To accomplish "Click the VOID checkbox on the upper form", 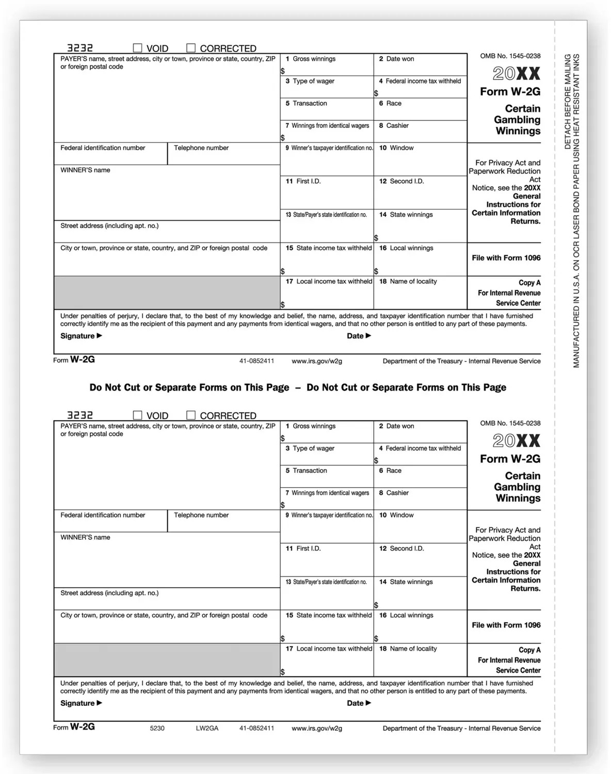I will tap(138, 48).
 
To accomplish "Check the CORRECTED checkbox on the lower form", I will tap(191, 415).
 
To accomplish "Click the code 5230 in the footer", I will tap(157, 728).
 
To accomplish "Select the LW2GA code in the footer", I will tap(207, 728).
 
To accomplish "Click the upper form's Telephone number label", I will tap(201, 148).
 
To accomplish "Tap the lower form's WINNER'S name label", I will tap(85, 537).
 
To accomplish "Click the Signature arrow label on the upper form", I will tap(81, 336).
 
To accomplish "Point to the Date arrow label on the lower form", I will tap(359, 703).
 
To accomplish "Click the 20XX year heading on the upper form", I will tap(516, 74).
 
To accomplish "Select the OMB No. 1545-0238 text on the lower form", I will tap(510, 423).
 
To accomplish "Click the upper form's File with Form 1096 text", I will tap(506, 258).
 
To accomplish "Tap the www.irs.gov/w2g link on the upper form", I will tap(317, 361).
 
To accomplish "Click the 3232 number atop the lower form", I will tap(80, 415).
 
